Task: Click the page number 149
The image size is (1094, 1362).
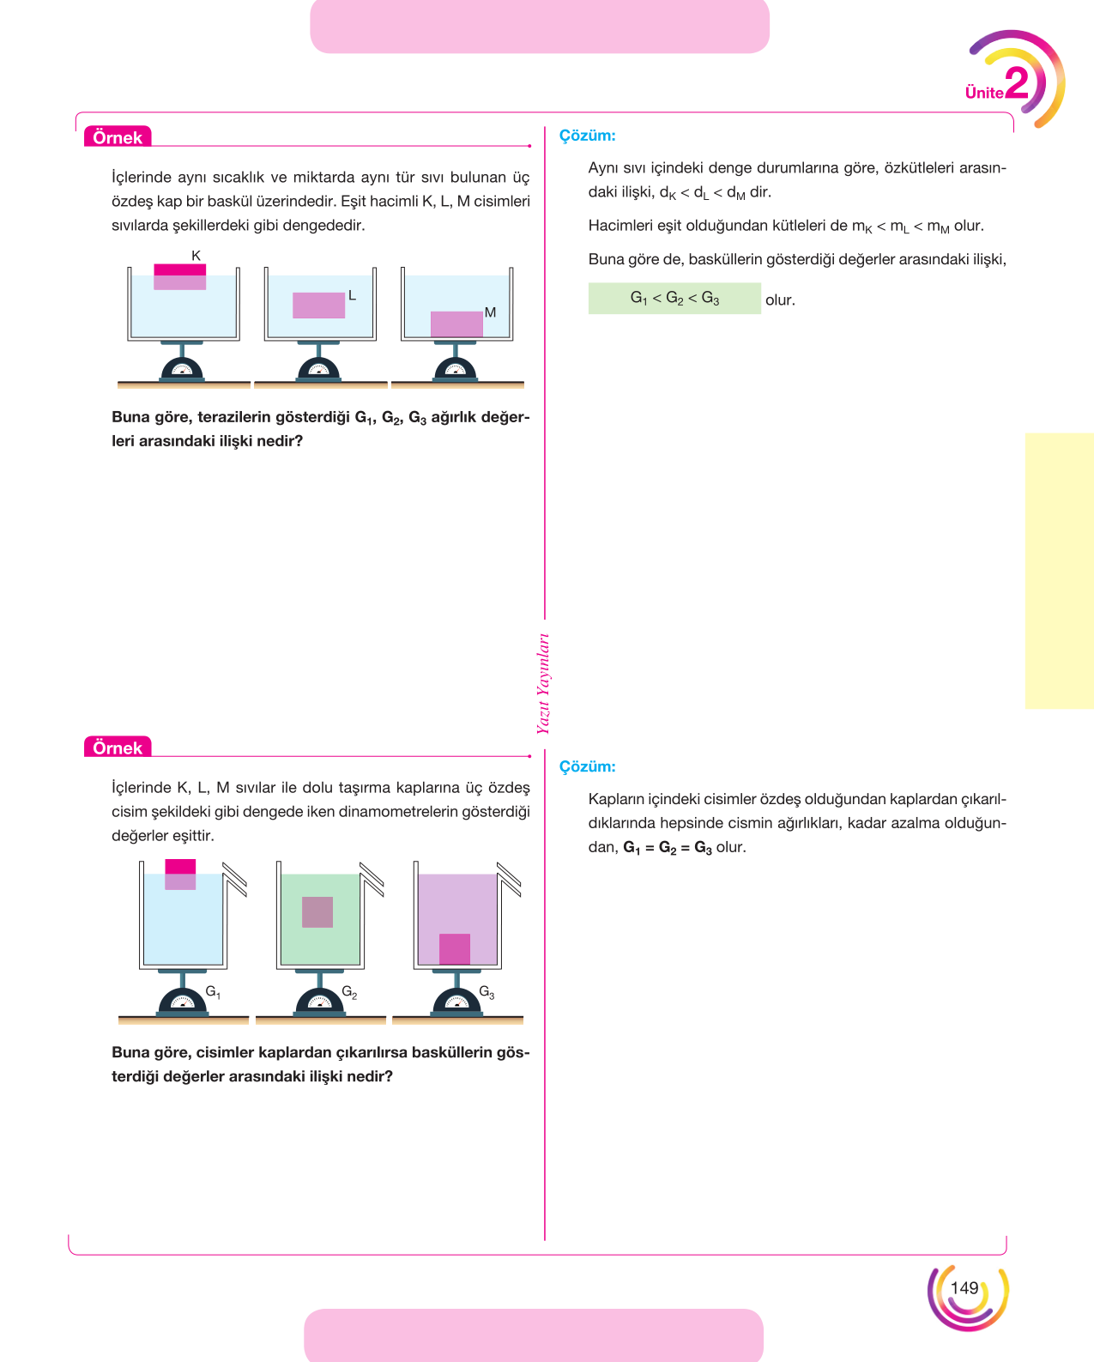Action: tap(964, 1288)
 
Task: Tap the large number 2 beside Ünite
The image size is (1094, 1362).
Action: tap(1016, 83)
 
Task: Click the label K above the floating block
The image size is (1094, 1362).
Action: tap(196, 256)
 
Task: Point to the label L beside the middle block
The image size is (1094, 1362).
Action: tap(352, 295)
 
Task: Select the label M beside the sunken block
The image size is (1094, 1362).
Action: tap(490, 312)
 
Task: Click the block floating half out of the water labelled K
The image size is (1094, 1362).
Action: tap(179, 277)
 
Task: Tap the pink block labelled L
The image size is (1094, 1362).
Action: tap(318, 305)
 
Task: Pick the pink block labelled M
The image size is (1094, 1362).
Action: tap(456, 324)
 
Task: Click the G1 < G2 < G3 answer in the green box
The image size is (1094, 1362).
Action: tap(674, 298)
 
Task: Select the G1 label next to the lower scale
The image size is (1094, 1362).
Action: tap(213, 992)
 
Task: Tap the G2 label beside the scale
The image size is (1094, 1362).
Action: tap(349, 992)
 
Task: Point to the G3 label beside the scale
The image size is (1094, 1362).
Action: tap(487, 992)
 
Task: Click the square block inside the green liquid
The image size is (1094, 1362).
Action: tap(317, 912)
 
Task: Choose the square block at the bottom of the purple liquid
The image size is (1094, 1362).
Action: tap(454, 948)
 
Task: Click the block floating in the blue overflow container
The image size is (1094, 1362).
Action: tap(180, 874)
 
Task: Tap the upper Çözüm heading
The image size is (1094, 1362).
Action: tap(587, 136)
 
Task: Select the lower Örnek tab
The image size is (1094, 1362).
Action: tap(118, 747)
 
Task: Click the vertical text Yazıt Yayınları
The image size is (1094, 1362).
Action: tap(543, 683)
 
